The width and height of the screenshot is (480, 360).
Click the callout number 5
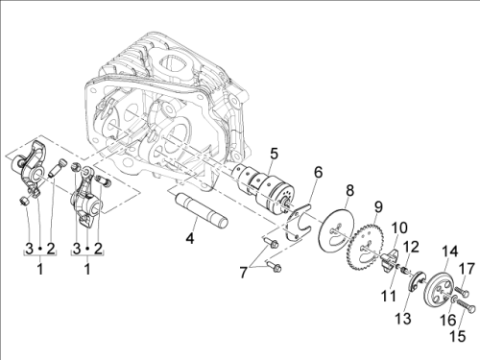pyautogui.click(x=274, y=154)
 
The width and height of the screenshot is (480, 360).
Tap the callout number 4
pyautogui.click(x=190, y=238)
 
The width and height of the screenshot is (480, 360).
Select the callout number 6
pyautogui.click(x=318, y=173)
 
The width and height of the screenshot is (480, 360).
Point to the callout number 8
pyautogui.click(x=350, y=191)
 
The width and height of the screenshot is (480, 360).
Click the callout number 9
pyautogui.click(x=378, y=207)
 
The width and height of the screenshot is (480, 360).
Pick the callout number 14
pyautogui.click(x=449, y=252)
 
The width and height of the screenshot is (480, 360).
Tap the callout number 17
pyautogui.click(x=467, y=269)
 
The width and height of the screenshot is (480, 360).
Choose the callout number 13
pyautogui.click(x=402, y=319)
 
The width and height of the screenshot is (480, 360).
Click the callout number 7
pyautogui.click(x=244, y=273)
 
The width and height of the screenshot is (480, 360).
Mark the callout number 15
pyautogui.click(x=458, y=336)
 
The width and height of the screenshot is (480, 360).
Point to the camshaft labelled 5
pyautogui.click(x=263, y=187)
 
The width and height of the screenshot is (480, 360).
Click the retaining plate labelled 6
pyautogui.click(x=300, y=221)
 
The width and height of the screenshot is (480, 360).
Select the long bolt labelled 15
pyautogui.click(x=465, y=305)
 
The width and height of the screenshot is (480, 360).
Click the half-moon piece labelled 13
pyautogui.click(x=417, y=281)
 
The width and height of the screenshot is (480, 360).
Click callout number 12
pyautogui.click(x=411, y=247)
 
